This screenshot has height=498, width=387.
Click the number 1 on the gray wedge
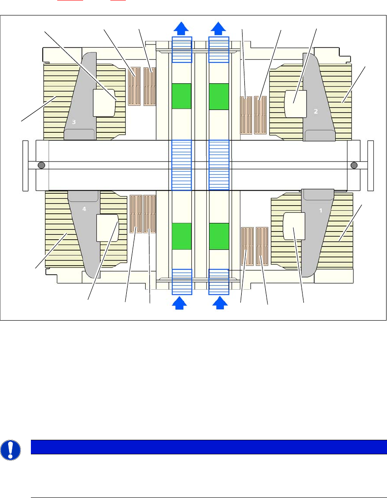[321, 211]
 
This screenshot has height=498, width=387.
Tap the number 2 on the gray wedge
[316, 111]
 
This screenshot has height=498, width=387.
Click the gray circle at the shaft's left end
[41, 165]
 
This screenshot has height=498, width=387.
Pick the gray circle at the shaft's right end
[354, 165]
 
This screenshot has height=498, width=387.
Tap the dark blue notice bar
[208, 447]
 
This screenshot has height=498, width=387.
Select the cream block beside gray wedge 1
[293, 226]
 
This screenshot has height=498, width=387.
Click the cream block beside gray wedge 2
[296, 103]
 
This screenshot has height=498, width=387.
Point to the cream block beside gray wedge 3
[104, 103]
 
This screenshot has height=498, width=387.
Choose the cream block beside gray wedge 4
[108, 227]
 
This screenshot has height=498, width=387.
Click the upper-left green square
[182, 96]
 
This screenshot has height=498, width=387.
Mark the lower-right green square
[218, 236]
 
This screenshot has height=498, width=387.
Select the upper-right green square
[218, 96]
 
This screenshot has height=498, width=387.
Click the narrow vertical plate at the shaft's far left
[25, 165]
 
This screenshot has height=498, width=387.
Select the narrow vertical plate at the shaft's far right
[371, 165]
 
